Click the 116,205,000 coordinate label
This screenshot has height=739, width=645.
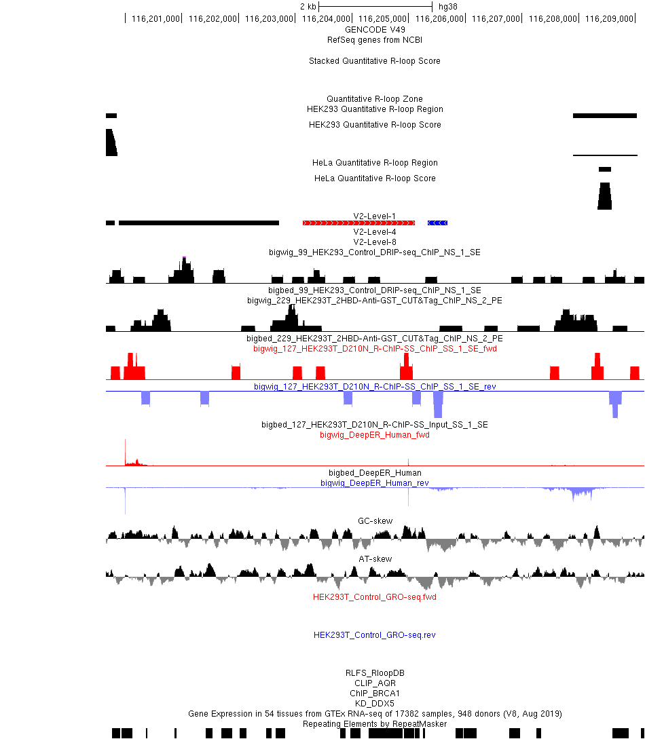click(x=382, y=19)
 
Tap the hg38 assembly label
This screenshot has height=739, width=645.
click(x=448, y=7)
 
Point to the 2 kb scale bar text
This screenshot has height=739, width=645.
click(x=308, y=7)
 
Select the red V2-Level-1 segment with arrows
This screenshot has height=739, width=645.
click(x=358, y=223)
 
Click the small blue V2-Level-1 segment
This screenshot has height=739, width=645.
click(x=437, y=223)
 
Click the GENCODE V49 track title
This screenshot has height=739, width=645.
click(x=375, y=29)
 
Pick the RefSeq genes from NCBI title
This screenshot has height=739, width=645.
click(x=375, y=40)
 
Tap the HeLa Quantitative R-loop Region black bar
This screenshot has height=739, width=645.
click(x=605, y=169)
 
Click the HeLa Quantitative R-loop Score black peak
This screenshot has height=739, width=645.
click(x=604, y=197)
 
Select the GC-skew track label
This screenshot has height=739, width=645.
click(x=375, y=520)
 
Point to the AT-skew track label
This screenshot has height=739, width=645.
click(x=375, y=559)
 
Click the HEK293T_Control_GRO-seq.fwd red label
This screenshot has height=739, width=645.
click(x=375, y=597)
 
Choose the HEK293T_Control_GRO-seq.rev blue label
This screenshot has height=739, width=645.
click(x=375, y=635)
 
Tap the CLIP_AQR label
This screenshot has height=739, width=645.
click(x=375, y=683)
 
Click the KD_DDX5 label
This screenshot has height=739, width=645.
click(x=375, y=704)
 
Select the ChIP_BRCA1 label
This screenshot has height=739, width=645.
click(x=375, y=694)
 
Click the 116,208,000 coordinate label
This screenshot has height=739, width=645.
click(x=553, y=19)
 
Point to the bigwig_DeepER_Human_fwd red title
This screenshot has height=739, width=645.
click(x=375, y=435)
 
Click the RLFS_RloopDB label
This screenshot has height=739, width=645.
click(x=375, y=673)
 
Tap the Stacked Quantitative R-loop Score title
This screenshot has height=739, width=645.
click(x=375, y=61)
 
